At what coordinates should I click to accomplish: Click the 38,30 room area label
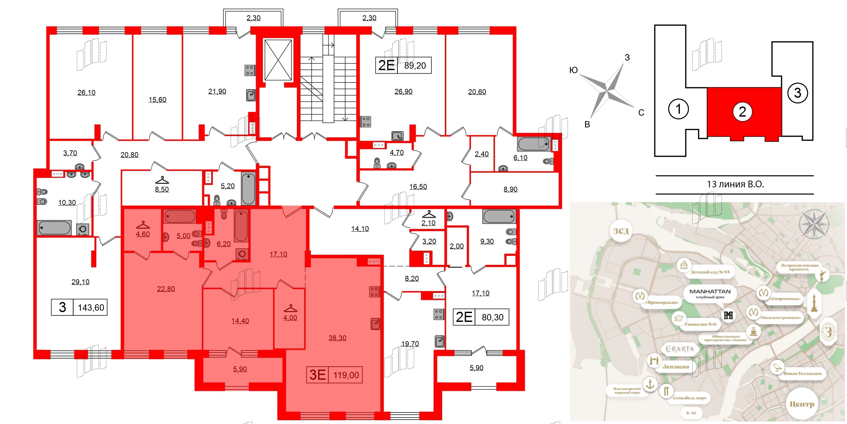pyautogui.click(x=337, y=338)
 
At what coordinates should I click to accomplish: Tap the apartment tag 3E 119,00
pyautogui.click(x=334, y=375)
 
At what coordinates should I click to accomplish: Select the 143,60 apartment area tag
pyautogui.click(x=91, y=308)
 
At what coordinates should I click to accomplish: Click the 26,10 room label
pyautogui.click(x=86, y=93)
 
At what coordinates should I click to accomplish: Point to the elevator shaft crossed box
pyautogui.click(x=278, y=60)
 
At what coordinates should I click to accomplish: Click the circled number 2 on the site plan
pyautogui.click(x=742, y=112)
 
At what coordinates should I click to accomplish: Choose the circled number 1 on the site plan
pyautogui.click(x=678, y=109)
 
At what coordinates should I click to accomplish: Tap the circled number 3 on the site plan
pyautogui.click(x=798, y=93)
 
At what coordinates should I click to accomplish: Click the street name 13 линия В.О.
pyautogui.click(x=735, y=184)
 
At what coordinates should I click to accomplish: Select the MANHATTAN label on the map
pyautogui.click(x=710, y=291)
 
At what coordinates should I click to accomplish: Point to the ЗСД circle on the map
pyautogui.click(x=621, y=231)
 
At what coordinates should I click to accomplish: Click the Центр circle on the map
pyautogui.click(x=802, y=404)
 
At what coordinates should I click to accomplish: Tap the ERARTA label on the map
pyautogui.click(x=680, y=349)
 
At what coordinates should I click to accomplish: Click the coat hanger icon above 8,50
pyautogui.click(x=162, y=179)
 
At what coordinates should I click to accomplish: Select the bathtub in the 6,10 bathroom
pyautogui.click(x=534, y=144)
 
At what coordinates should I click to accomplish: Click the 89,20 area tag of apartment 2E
pyautogui.click(x=415, y=65)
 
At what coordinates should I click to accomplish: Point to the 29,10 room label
pyautogui.click(x=80, y=282)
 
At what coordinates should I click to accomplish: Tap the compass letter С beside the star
pyautogui.click(x=641, y=113)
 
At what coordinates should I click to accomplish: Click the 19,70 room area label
pyautogui.click(x=410, y=344)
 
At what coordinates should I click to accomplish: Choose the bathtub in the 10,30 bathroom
pyautogui.click(x=54, y=228)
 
